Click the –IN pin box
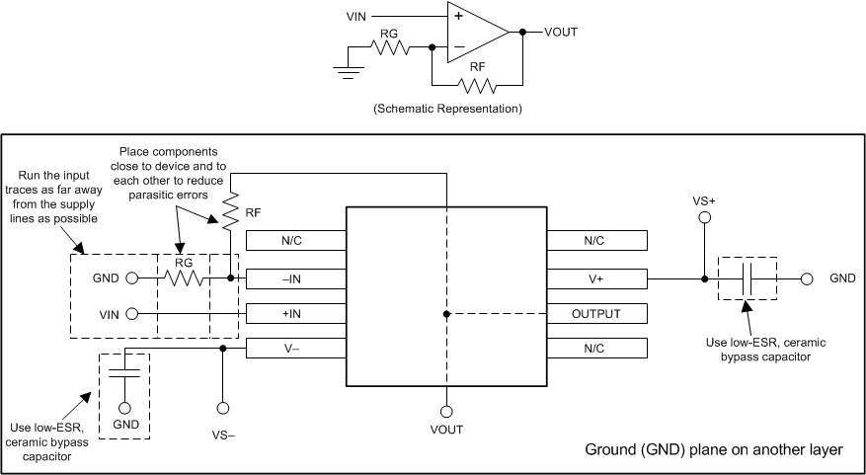coord(295,278)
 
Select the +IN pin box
coord(295,314)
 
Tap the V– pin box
coord(295,349)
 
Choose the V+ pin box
coord(596,278)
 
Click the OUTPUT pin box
coord(596,314)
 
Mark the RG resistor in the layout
coord(184,278)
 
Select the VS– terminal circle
coord(223,408)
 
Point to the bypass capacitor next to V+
coord(748,278)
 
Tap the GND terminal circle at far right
coord(807,278)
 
